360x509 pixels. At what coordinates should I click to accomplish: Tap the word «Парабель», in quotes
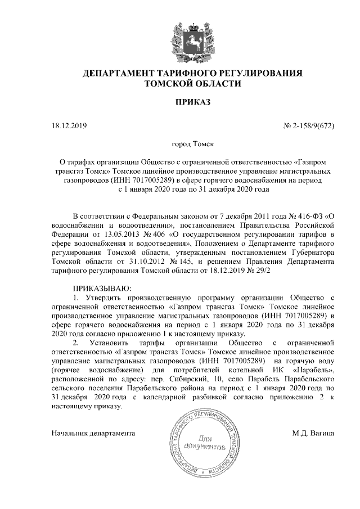pos(314,370)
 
